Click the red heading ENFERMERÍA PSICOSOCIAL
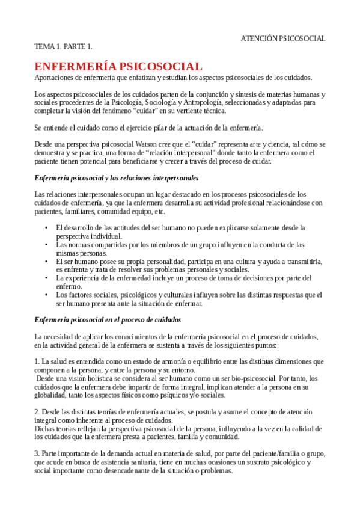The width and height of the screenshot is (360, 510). click(x=118, y=66)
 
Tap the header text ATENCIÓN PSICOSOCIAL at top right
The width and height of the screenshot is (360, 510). click(x=283, y=38)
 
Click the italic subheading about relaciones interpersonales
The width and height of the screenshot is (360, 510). click(x=117, y=179)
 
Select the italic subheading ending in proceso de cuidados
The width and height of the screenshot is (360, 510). click(x=108, y=319)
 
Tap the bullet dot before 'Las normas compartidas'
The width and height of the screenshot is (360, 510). click(x=47, y=245)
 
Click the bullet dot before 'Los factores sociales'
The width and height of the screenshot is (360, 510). click(x=47, y=295)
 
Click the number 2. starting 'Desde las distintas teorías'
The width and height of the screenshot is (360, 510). click(x=37, y=412)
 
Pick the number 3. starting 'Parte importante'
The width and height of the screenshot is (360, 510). click(x=37, y=453)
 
